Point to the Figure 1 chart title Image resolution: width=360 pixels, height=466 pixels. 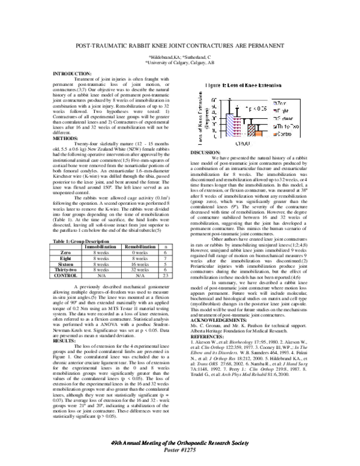click(247, 86)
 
